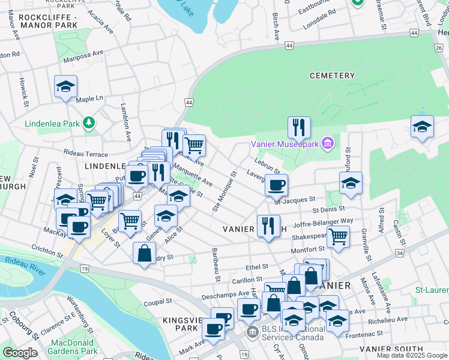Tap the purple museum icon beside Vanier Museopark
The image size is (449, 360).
pyautogui.click(x=327, y=143)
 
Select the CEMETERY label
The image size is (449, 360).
pyautogui.click(x=332, y=76)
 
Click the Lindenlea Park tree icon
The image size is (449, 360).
pyautogui.click(x=89, y=124)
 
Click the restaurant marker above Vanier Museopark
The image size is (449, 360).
pyautogui.click(x=298, y=128)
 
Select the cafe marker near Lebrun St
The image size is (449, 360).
pyautogui.click(x=276, y=185)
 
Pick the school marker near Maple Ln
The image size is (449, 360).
pyautogui.click(x=65, y=86)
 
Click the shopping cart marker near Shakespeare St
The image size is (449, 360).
pyautogui.click(x=339, y=236)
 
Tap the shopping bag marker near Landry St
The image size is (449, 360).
pyautogui.click(x=145, y=253)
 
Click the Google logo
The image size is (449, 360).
pyautogui.click(x=20, y=353)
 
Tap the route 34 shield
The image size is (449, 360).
pyautogui.click(x=399, y=254)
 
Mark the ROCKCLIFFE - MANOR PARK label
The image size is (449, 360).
pyautogui.click(x=49, y=21)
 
